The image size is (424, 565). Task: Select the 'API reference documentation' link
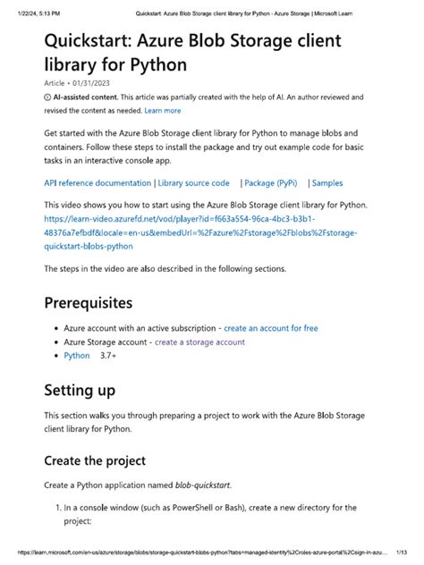pos(98,183)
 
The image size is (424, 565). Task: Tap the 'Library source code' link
pos(194,183)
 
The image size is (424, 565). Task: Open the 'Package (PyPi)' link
pos(271,183)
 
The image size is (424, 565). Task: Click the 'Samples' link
pos(327,183)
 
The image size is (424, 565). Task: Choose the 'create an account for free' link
pos(270,328)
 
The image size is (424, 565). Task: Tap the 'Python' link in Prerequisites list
pos(77,355)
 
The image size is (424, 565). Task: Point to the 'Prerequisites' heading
pos(101,301)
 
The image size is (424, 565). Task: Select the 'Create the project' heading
pos(96,461)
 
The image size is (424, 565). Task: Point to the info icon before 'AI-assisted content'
pos(47,97)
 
